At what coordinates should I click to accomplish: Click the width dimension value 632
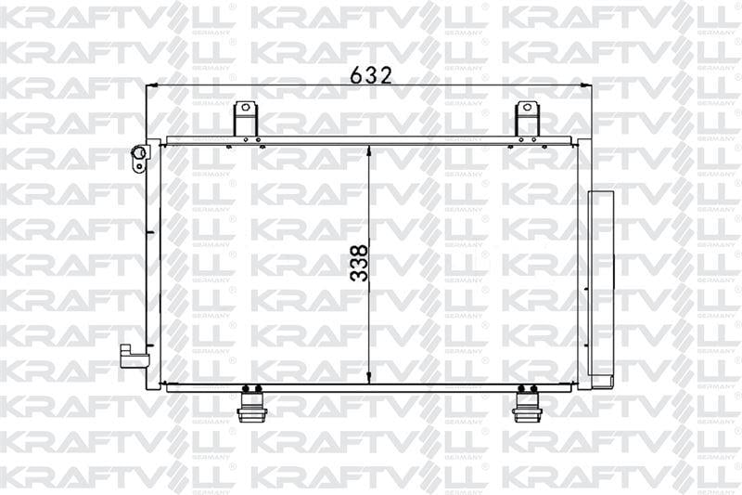coord(371,75)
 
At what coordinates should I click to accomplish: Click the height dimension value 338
coord(360,263)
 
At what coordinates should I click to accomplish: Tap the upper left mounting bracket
coord(245,121)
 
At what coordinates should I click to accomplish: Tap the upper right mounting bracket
coord(527,121)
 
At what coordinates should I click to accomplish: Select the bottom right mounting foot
coord(527,406)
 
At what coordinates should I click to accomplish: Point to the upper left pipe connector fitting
coord(140,156)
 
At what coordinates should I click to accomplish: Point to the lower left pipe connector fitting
coord(134,357)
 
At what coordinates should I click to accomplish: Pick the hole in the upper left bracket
coord(245,109)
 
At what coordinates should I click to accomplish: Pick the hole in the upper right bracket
coord(527,109)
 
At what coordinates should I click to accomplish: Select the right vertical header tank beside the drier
coord(582,265)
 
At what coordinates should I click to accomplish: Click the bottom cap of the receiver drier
coord(602,381)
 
